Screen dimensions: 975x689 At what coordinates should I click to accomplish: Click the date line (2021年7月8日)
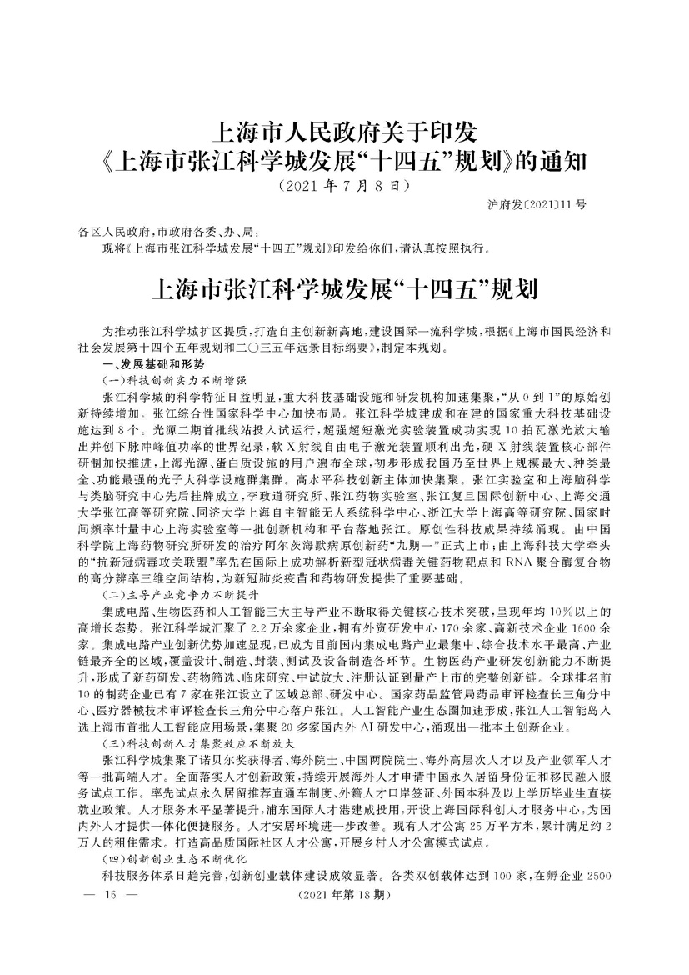[344, 184]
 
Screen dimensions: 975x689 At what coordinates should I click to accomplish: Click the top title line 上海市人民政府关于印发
[344, 132]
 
